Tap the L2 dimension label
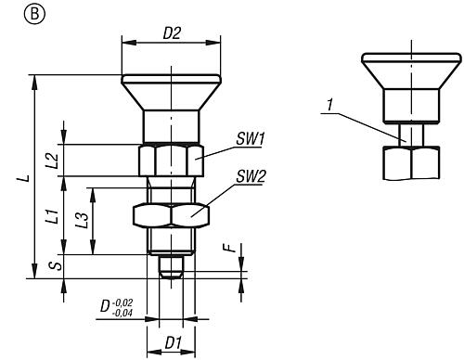point(53,160)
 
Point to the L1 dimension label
point(53,217)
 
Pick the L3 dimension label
point(83,220)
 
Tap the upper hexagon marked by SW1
point(171,160)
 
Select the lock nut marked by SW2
point(171,214)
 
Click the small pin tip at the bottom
point(171,265)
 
